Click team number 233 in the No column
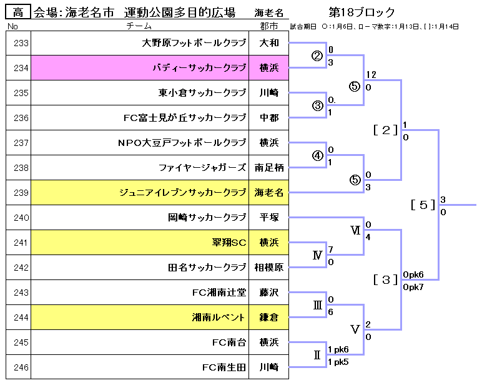(21, 43)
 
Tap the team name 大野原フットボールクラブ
(194, 43)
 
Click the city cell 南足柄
(269, 168)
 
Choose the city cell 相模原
(269, 268)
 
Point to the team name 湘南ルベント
(219, 318)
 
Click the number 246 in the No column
(21, 367)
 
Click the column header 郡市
(268, 26)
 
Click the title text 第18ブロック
(361, 12)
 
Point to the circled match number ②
(318, 56)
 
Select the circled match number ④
(318, 156)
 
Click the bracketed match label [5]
(423, 205)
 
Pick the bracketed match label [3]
(385, 279)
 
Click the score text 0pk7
(413, 286)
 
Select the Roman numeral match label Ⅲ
(317, 305)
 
